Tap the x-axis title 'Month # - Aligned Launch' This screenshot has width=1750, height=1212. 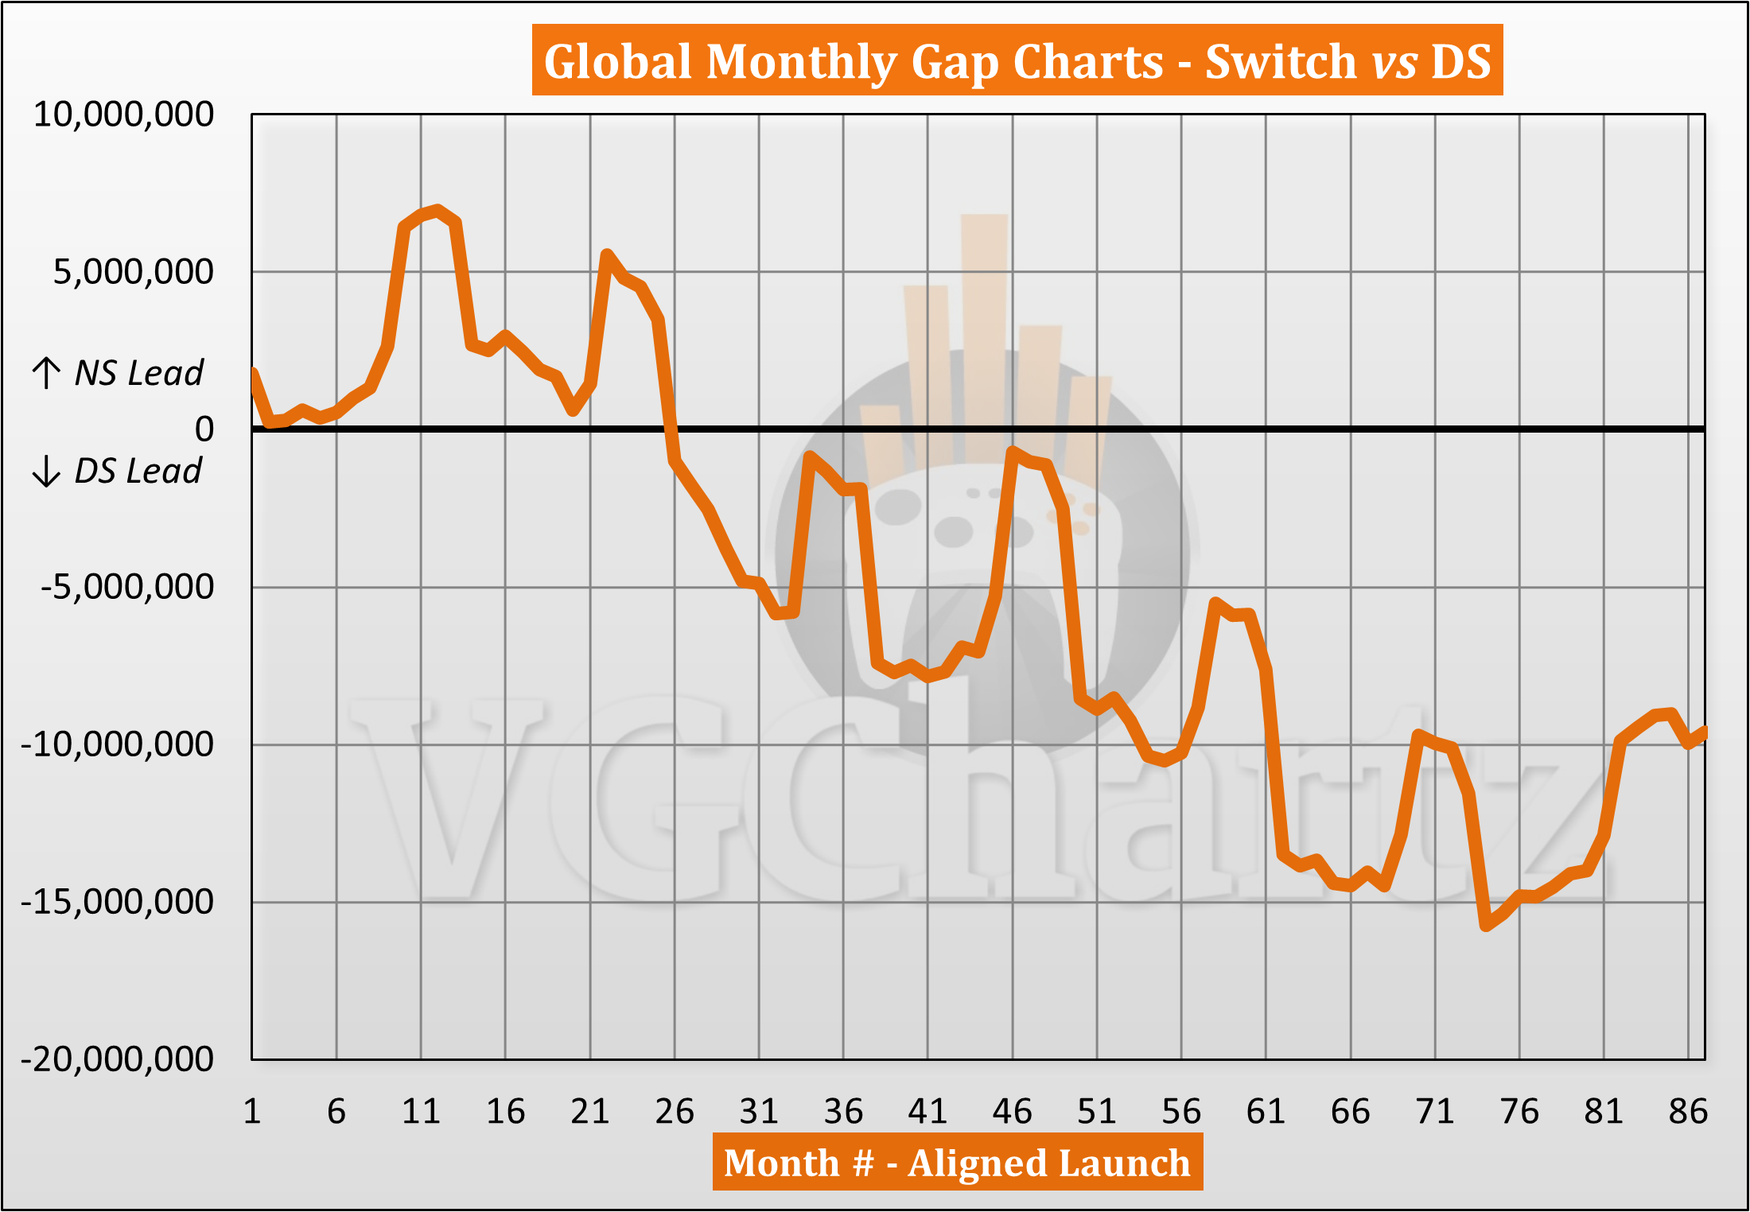pyautogui.click(x=957, y=1163)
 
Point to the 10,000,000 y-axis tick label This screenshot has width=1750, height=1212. pyautogui.click(x=123, y=115)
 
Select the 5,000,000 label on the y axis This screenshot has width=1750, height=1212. pyautogui.click(x=133, y=272)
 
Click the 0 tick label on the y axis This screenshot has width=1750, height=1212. pyautogui.click(x=204, y=429)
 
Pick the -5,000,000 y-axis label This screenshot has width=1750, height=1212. pyautogui.click(x=127, y=587)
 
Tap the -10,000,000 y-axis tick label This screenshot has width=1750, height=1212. pyautogui.click(x=117, y=744)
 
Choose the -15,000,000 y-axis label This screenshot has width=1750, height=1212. pyautogui.click(x=117, y=902)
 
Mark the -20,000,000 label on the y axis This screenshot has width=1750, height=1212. pyautogui.click(x=117, y=1059)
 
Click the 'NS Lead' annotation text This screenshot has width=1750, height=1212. pyautogui.click(x=139, y=373)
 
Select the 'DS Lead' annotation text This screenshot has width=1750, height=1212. pyautogui.click(x=138, y=471)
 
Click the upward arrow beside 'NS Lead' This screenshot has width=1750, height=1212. pyautogui.click(x=47, y=373)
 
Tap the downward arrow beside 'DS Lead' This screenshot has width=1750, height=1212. pyautogui.click(x=47, y=471)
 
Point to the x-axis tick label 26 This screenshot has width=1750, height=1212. pyautogui.click(x=675, y=1111)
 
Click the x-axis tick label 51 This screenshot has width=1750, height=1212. pyautogui.click(x=1097, y=1111)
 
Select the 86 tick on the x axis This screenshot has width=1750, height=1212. pyautogui.click(x=1688, y=1111)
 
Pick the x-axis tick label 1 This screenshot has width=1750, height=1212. pyautogui.click(x=252, y=1111)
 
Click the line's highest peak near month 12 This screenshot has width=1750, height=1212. pyautogui.click(x=438, y=211)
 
